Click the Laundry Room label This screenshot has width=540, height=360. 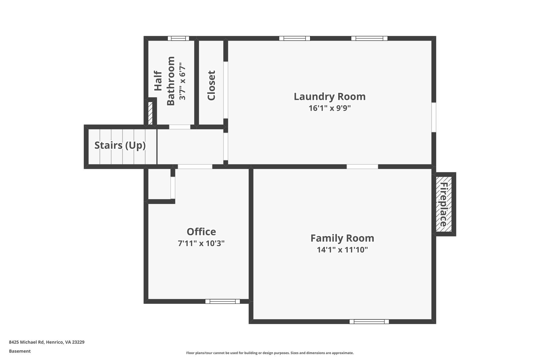(330, 97)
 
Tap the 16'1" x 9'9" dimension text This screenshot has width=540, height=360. (330, 108)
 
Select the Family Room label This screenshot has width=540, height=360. (342, 238)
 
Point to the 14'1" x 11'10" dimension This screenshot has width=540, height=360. (342, 250)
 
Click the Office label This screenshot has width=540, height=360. (201, 232)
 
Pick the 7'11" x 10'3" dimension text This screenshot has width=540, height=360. (201, 243)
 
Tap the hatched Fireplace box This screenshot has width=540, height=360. (444, 204)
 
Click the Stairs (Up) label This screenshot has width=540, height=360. (120, 145)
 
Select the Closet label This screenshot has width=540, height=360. (211, 85)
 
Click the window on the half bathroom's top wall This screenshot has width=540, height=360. (179, 38)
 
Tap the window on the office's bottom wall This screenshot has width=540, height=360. (223, 301)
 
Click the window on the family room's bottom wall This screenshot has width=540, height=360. (369, 321)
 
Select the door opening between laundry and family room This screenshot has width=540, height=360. (362, 166)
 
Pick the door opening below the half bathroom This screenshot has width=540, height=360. (180, 127)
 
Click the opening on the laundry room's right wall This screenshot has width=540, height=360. (434, 117)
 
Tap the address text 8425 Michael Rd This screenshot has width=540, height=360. (47, 342)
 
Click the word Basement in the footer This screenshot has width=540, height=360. (20, 351)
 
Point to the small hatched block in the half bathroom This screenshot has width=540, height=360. (150, 113)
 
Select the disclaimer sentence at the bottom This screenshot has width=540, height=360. (270, 353)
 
